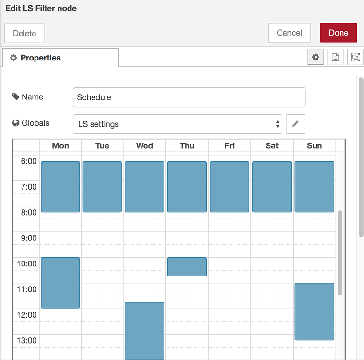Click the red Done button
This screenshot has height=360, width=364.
pos(338,33)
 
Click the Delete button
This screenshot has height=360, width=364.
pos(24,33)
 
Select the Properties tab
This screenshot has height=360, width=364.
pos(60,58)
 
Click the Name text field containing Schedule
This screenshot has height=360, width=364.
pos(189,97)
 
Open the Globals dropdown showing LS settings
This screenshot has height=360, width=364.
pos(177,124)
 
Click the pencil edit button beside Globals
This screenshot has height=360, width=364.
pos(295,124)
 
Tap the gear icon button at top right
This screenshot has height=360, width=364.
pos(316,57)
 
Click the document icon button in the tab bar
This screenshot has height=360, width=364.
pos(335,57)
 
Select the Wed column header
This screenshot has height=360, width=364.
pos(144,145)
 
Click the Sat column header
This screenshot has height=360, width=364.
pos(272,145)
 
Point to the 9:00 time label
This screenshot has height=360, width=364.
pos(29,238)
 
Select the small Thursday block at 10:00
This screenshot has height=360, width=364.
pos(187,266)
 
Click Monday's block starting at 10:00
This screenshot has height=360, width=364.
pos(60,283)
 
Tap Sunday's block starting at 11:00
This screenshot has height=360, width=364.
pos(314,312)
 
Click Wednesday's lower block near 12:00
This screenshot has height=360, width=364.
pos(144,330)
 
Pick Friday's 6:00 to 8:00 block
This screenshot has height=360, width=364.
pos(229,187)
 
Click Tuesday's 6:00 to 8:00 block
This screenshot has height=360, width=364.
pos(102,187)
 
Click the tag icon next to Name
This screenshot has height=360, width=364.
pos(16,96)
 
